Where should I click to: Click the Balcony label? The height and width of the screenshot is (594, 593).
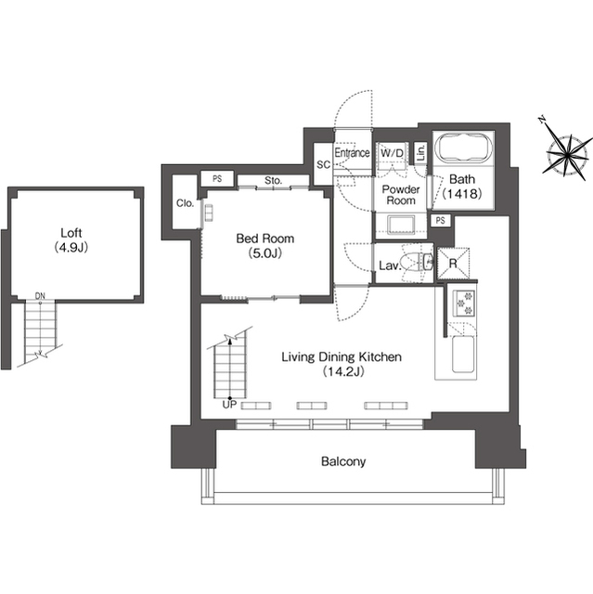(343, 461)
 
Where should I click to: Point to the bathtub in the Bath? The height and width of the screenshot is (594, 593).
(463, 148)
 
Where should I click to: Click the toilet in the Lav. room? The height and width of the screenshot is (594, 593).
(418, 263)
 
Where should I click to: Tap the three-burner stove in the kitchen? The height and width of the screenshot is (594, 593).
(464, 303)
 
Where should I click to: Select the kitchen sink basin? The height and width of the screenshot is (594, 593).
(463, 355)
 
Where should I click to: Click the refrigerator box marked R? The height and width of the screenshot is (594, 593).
(453, 264)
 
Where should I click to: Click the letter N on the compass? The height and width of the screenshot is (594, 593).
(542, 120)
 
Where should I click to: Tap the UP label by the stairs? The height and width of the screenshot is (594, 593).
(229, 405)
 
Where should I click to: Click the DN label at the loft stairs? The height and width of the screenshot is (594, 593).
(40, 296)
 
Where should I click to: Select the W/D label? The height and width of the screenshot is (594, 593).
(392, 153)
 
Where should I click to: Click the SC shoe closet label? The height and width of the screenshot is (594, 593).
(323, 165)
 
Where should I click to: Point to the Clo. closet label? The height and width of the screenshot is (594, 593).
(186, 203)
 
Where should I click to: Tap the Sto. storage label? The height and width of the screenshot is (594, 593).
(273, 181)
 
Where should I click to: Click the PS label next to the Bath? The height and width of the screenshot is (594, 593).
(440, 221)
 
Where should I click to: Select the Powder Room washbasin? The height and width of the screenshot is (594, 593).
(401, 225)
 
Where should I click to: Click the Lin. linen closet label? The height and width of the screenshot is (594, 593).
(420, 153)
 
